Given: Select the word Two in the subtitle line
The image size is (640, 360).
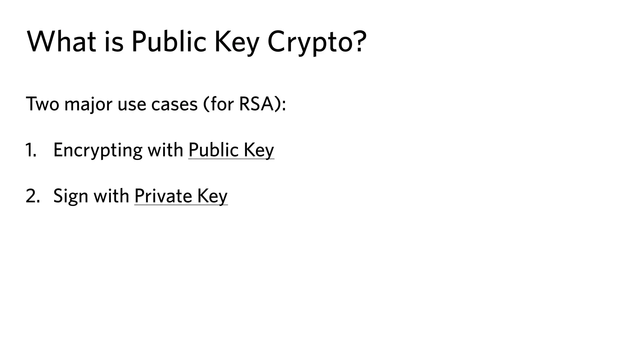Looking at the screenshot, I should coord(42,104).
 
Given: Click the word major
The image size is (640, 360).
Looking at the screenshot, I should coord(88,104).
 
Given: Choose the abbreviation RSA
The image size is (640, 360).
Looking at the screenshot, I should coord(256,104).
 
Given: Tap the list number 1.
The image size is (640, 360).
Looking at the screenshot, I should coord(30,150).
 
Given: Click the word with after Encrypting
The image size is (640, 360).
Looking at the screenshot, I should coord(165,150).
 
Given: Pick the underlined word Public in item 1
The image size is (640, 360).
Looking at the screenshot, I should coord(214,150).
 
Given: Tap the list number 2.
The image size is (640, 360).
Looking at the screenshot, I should coord(32,196).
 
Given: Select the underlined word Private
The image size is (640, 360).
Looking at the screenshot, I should coord(163,196).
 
